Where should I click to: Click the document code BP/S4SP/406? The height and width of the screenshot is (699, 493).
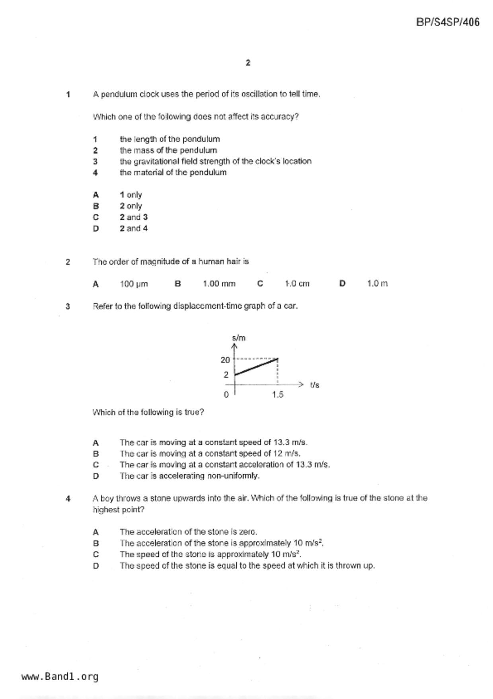(x=448, y=22)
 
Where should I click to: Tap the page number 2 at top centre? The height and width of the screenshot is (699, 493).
(x=248, y=63)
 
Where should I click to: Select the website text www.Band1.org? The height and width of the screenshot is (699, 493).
(x=60, y=677)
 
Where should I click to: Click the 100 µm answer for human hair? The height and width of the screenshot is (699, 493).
(x=134, y=284)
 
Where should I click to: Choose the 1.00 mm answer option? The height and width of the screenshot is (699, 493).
(x=219, y=284)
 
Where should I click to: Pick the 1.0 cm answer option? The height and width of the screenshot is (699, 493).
(x=297, y=284)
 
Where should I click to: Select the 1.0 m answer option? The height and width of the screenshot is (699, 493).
(x=377, y=283)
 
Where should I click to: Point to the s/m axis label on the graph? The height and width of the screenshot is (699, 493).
(x=239, y=338)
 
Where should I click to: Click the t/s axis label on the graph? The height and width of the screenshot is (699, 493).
(x=314, y=385)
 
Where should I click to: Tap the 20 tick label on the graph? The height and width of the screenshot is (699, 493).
(x=225, y=360)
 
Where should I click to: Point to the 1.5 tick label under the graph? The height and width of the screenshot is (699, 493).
(x=278, y=395)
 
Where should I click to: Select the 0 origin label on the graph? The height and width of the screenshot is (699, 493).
(x=226, y=395)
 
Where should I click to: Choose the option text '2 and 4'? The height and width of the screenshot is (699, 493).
(x=134, y=228)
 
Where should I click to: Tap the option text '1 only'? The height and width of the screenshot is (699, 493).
(x=131, y=195)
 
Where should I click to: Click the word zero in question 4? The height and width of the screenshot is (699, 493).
(x=248, y=532)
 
